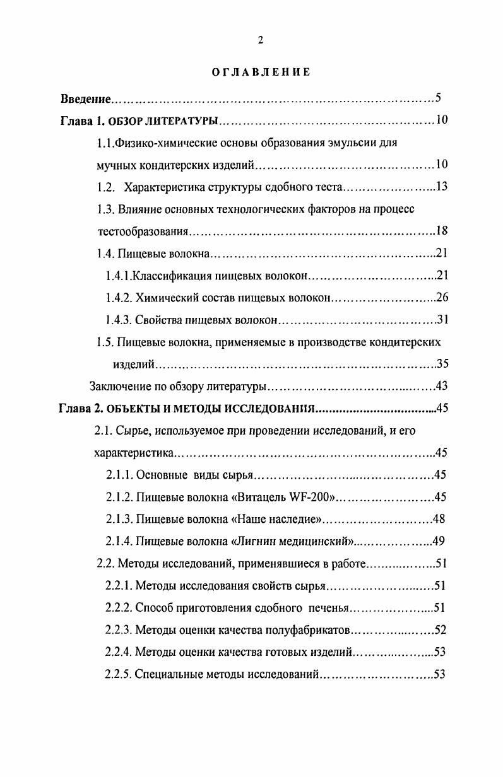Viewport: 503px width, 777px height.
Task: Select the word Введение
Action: click(86, 99)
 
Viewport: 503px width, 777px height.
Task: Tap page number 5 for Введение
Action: click(437, 98)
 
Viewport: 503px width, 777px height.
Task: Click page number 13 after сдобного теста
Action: click(442, 187)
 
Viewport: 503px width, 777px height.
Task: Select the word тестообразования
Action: click(143, 231)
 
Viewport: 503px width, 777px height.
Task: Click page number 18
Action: click(442, 231)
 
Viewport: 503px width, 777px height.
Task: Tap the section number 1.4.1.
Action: click(119, 276)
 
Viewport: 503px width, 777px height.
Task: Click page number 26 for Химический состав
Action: click(442, 298)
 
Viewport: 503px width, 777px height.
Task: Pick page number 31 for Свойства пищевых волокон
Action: click(442, 320)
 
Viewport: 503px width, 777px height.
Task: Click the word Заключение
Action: click(117, 387)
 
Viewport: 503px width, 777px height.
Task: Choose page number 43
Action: click(442, 386)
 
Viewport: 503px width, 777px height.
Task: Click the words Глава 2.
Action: click(80, 409)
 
